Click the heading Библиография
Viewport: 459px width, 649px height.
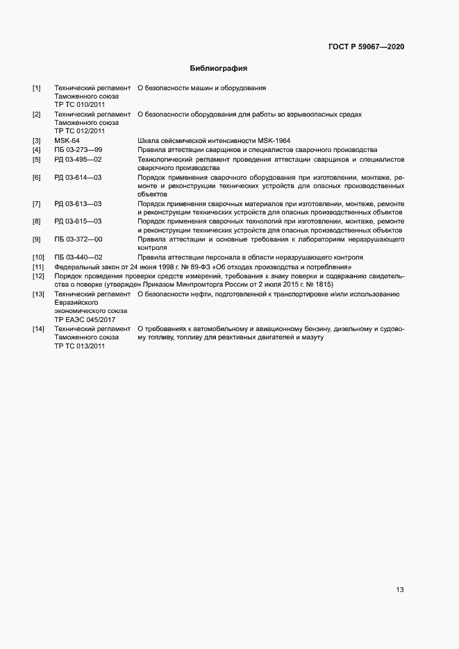[219, 69]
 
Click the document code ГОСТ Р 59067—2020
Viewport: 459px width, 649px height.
[366, 47]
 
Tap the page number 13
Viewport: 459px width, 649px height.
[399, 590]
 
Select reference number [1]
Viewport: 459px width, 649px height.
[37, 88]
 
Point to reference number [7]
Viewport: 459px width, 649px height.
[37, 203]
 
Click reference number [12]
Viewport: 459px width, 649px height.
[38, 276]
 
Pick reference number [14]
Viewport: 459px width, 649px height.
[38, 328]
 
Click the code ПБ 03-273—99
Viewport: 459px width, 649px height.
[78, 150]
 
